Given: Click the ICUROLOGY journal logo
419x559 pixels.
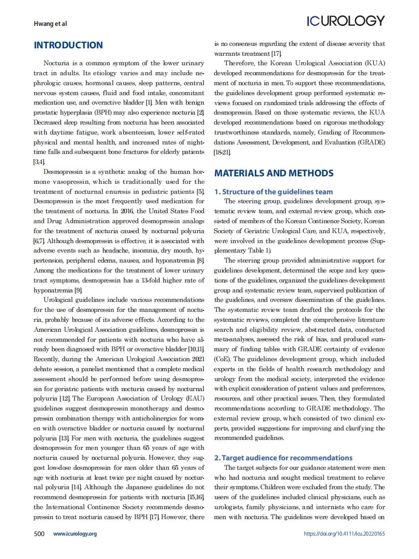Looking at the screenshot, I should coord(345,21).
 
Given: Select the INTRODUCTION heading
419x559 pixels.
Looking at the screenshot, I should coord(68,45).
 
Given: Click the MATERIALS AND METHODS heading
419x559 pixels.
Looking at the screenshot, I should coord(274,173).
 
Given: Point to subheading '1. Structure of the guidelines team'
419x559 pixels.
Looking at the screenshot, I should coord(274,192).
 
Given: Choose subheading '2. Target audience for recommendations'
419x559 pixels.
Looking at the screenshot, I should coord(283,457).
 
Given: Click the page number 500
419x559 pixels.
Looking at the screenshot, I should coord(39,534).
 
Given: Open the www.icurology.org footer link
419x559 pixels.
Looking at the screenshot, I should coord(75,534).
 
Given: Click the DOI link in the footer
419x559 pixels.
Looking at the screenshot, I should coord(344,534).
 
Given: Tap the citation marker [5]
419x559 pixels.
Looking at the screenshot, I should coord(200,192).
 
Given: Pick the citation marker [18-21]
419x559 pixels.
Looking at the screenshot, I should coord(222,150).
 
